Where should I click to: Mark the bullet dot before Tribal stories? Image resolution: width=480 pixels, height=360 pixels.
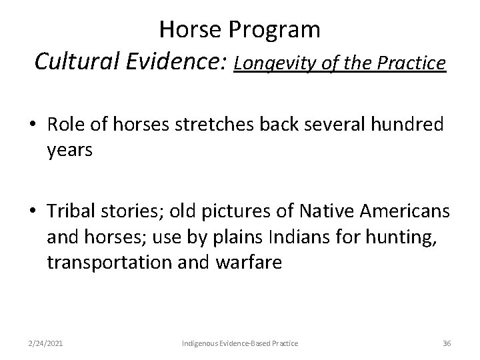click(x=31, y=212)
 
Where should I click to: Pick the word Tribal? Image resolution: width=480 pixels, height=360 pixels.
click(x=70, y=211)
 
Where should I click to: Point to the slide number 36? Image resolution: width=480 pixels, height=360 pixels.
click(x=447, y=343)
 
